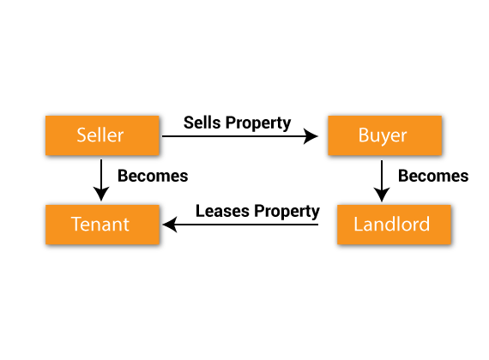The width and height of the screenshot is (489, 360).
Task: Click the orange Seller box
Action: pyautogui.click(x=102, y=135)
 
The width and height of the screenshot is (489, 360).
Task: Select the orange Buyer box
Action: pyautogui.click(x=384, y=135)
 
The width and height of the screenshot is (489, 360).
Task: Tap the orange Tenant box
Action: pyautogui.click(x=102, y=225)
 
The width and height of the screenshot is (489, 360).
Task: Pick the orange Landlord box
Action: pyautogui.click(x=394, y=225)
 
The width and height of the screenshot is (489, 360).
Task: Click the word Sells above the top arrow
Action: pyautogui.click(x=202, y=123)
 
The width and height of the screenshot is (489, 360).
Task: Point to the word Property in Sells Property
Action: pyautogui.click(x=258, y=123)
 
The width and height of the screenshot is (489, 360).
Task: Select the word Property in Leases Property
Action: pyautogui.click(x=287, y=212)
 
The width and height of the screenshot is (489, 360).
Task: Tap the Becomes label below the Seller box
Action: pyautogui.click(x=153, y=176)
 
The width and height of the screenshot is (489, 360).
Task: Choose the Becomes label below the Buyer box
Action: pyautogui.click(x=433, y=176)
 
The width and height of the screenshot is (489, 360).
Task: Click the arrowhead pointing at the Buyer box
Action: pyautogui.click(x=311, y=136)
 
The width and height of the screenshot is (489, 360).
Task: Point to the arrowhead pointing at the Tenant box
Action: pyautogui.click(x=170, y=225)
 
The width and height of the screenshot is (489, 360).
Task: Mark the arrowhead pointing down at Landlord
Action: pyautogui.click(x=382, y=195)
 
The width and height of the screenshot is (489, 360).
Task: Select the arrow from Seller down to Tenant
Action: pyautogui.click(x=101, y=180)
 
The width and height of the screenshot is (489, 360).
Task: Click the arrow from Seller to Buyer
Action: pyautogui.click(x=240, y=136)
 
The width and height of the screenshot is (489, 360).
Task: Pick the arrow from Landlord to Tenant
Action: pyautogui.click(x=240, y=225)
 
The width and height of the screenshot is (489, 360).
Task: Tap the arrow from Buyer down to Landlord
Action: pyautogui.click(x=382, y=181)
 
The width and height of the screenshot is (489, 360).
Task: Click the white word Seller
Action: pyautogui.click(x=100, y=135)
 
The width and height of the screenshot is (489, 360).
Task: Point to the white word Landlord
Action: pyautogui.click(x=392, y=224)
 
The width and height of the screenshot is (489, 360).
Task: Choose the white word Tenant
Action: pyautogui.click(x=100, y=224)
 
